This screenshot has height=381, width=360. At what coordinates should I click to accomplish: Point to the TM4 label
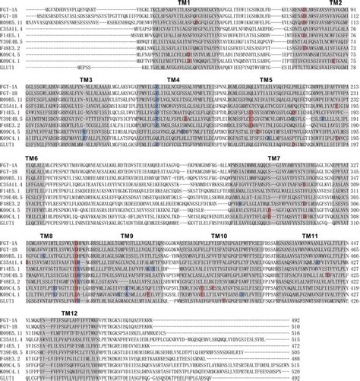pyautogui.click(x=173, y=79)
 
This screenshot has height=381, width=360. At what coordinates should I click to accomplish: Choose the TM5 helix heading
pyautogui.click(x=266, y=79)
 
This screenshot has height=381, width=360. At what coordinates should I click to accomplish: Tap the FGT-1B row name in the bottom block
pyautogui.click(x=9, y=328)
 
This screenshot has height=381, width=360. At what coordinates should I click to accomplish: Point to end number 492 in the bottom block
pyautogui.click(x=351, y=320)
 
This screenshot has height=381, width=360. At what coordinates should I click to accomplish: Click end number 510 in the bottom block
pyautogui.click(x=351, y=335)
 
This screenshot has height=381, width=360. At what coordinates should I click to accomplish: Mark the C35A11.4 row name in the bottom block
pyautogui.click(x=11, y=342)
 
